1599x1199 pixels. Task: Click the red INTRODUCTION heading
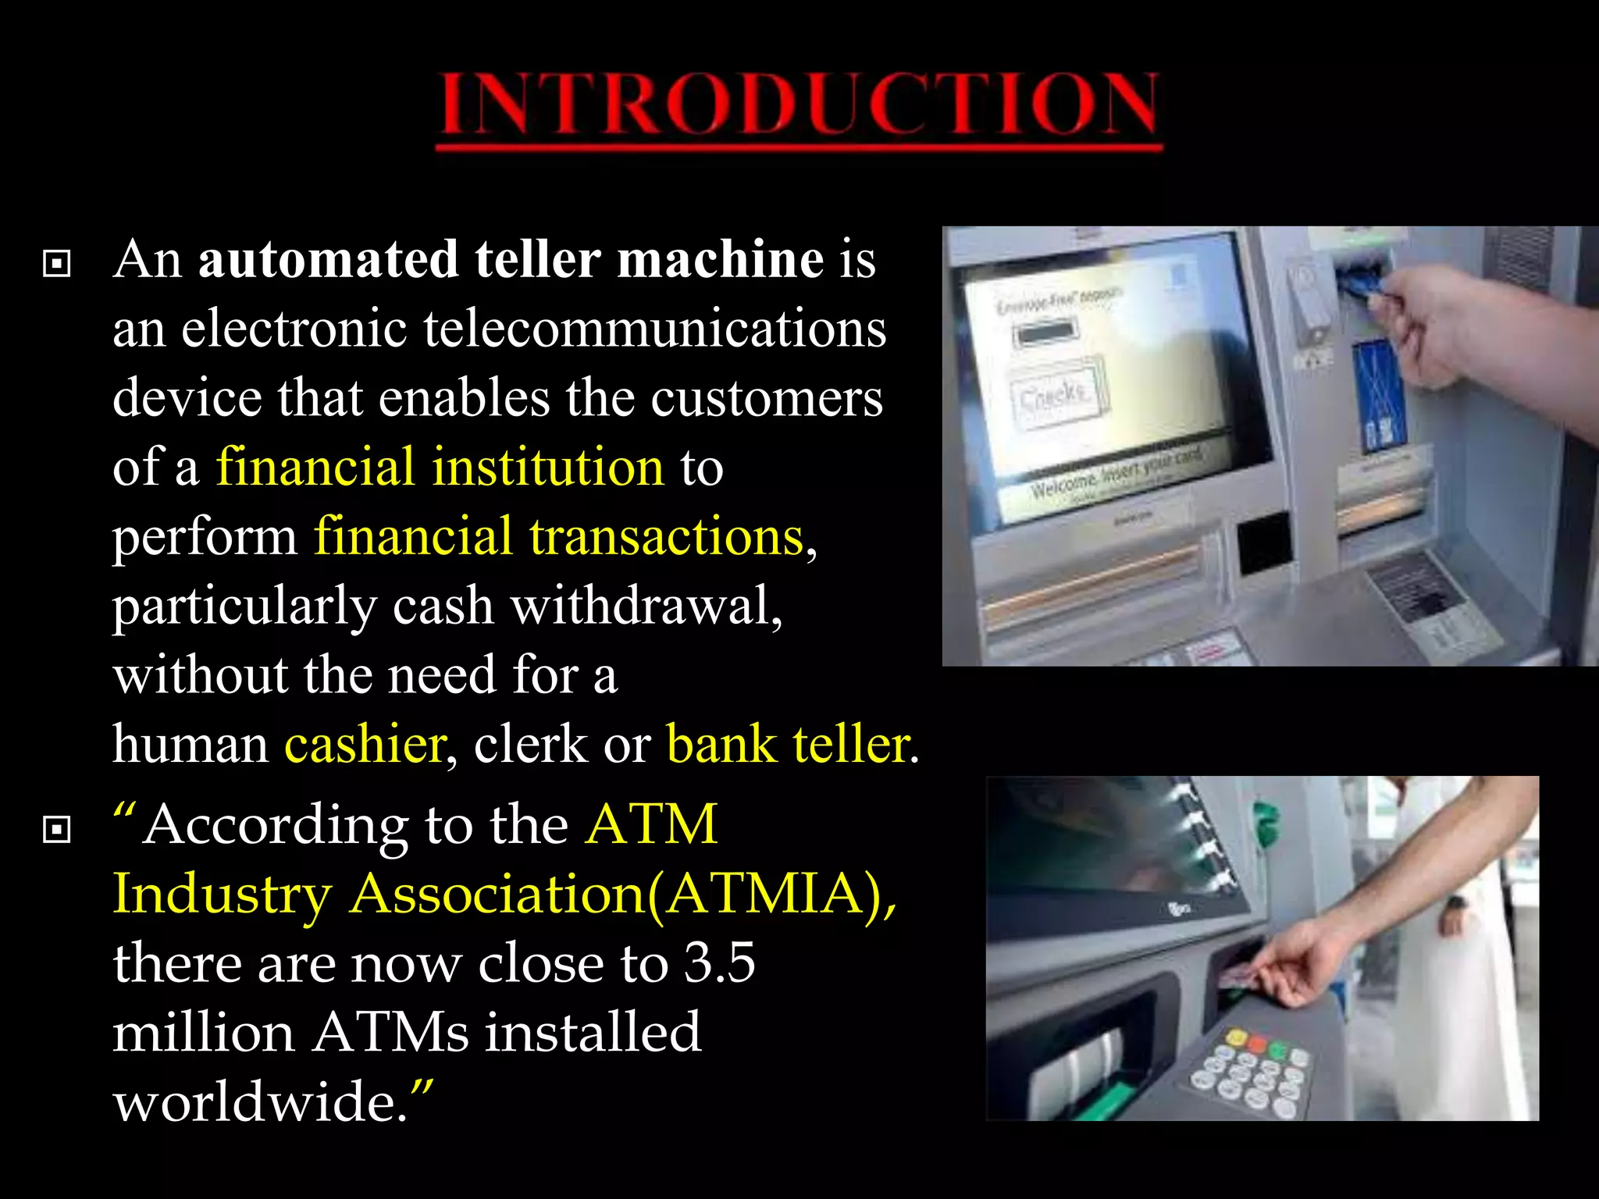(x=799, y=105)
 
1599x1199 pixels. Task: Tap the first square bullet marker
(x=57, y=264)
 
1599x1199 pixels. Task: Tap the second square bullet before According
(x=57, y=829)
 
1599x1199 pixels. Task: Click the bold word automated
(x=328, y=259)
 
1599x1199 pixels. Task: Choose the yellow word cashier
(x=365, y=745)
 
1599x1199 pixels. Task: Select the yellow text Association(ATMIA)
(x=621, y=894)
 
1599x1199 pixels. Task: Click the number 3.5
(x=719, y=963)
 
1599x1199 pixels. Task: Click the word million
(x=203, y=1033)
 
